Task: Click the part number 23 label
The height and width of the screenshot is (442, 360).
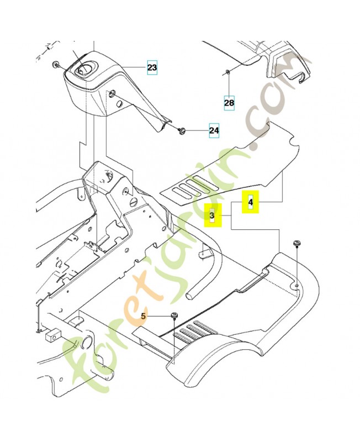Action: coord(152,67)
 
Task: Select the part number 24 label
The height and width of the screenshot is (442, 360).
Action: coord(214,130)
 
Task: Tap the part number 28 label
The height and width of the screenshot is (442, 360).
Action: coord(229,103)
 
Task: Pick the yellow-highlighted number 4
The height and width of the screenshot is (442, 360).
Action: coord(251,202)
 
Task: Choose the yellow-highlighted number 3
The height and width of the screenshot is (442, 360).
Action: coord(213,215)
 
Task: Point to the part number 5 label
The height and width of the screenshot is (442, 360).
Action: coord(144,317)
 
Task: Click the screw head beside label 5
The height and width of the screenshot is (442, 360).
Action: coord(175,315)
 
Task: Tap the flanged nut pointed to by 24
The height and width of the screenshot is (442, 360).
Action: coord(181,130)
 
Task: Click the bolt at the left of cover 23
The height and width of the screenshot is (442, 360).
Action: coord(55,65)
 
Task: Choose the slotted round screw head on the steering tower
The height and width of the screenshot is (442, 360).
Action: coord(133,202)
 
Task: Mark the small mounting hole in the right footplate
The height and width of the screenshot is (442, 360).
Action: coord(298,286)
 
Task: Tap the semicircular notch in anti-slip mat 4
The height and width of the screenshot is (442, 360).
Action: coord(293,142)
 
